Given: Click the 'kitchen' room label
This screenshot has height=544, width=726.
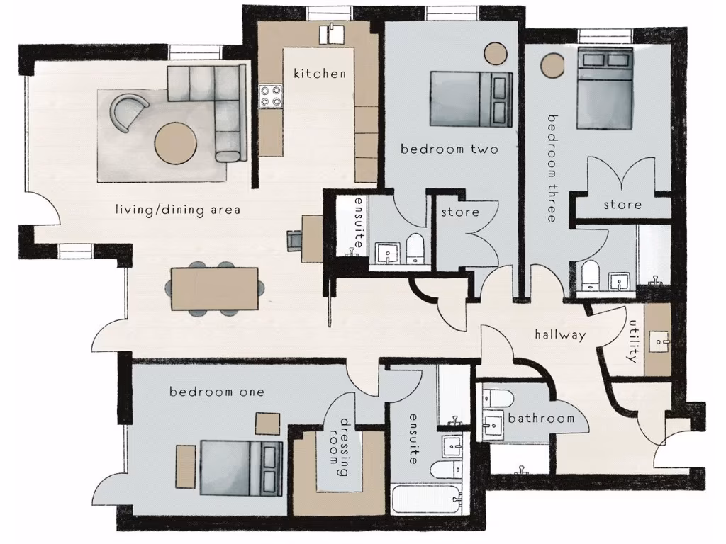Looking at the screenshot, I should click(320, 74).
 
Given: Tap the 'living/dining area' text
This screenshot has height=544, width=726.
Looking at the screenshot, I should click(178, 210).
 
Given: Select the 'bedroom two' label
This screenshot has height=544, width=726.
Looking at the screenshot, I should click(449, 149).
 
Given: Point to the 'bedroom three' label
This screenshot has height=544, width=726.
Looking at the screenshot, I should click(552, 168).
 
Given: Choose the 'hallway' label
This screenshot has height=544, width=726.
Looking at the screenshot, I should click(560, 335).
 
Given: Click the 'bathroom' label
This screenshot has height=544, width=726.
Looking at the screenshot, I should click(541, 419).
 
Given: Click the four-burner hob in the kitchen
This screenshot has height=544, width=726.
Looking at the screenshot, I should click(270, 96).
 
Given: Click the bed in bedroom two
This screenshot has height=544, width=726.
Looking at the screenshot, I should click(470, 99).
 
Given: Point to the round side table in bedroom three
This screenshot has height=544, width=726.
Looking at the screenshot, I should click(552, 66).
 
